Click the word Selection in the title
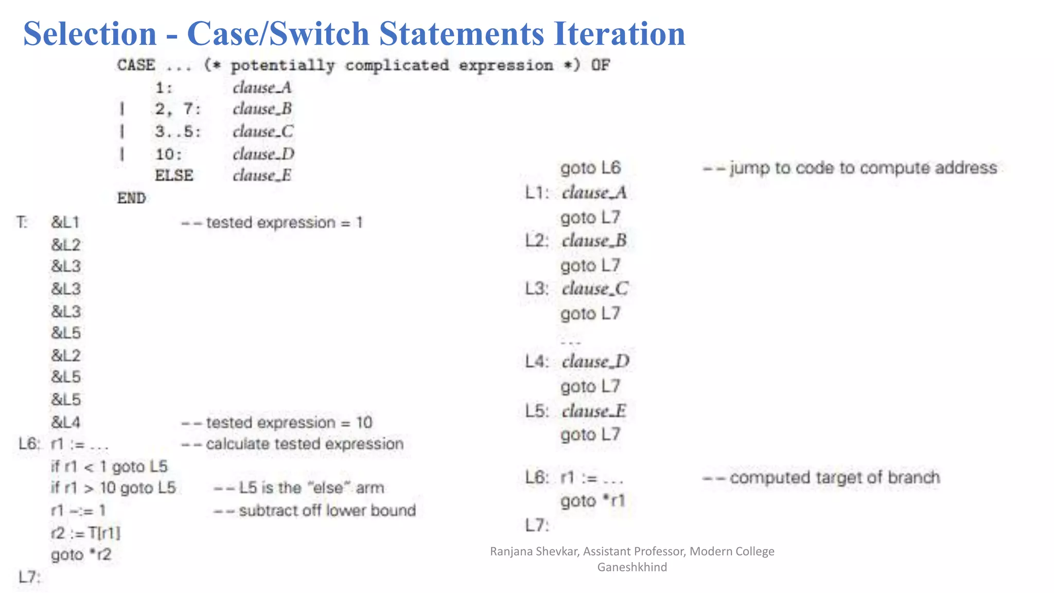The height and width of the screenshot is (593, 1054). click(x=90, y=34)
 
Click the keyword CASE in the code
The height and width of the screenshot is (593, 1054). click(x=136, y=65)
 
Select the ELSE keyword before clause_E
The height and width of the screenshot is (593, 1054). click(x=174, y=176)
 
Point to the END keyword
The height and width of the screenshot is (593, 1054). click(x=131, y=198)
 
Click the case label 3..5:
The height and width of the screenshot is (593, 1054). click(x=178, y=132)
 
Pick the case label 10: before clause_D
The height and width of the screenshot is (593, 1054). click(x=169, y=154)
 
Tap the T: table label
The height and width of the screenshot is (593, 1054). click(x=22, y=223)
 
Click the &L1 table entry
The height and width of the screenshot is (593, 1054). click(x=65, y=223)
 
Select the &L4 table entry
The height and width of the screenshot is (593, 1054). click(x=66, y=423)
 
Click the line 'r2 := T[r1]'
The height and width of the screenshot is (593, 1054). click(x=85, y=533)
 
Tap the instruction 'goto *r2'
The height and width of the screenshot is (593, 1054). click(x=81, y=555)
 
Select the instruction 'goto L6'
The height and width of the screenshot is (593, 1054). click(x=590, y=168)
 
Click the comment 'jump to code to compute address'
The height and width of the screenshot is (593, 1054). click(x=850, y=168)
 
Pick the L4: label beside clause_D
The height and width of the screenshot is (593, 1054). click(x=537, y=362)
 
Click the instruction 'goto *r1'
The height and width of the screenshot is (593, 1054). click(x=592, y=501)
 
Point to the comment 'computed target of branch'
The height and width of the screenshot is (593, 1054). click(x=821, y=478)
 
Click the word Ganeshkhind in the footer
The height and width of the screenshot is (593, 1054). click(x=632, y=567)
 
